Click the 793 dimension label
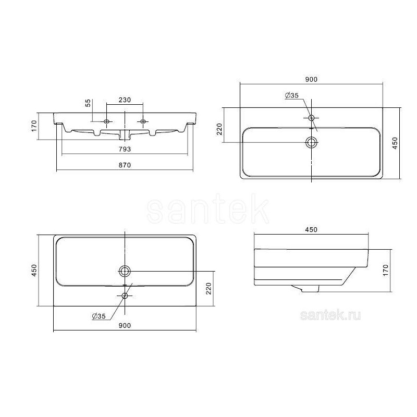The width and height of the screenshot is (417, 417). (x=125, y=149)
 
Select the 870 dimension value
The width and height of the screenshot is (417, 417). (x=125, y=165)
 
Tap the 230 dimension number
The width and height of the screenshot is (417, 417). (x=125, y=100)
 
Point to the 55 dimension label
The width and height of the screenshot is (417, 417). (x=88, y=103)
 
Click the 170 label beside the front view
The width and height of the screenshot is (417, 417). (x=34, y=126)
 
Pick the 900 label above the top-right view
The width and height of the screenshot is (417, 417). (x=311, y=79)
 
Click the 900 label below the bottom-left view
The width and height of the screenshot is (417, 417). (x=125, y=325)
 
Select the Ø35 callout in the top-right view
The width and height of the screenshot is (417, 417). (x=292, y=95)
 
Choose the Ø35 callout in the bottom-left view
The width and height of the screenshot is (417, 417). (x=99, y=316)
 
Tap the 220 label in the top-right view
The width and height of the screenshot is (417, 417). (x=219, y=129)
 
